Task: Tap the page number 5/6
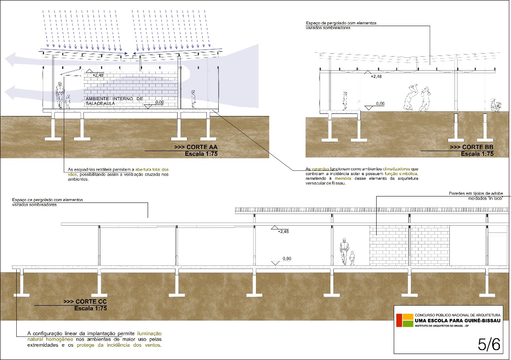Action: (489, 344)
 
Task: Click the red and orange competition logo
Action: (404, 319)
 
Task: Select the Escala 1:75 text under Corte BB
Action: (477, 153)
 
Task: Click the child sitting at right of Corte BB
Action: (496, 106)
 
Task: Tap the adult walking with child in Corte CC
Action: (344, 251)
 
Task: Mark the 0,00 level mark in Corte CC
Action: (286, 259)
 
